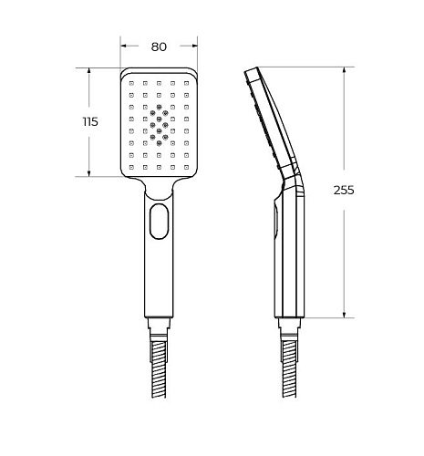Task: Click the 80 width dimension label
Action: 159,47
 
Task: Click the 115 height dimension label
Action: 90,122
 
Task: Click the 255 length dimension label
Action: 344,190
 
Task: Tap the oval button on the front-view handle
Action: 159,222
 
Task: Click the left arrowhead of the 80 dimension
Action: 124,46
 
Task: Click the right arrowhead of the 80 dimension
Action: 194,46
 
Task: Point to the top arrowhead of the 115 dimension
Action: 89,71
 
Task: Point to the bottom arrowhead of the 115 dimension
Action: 89,173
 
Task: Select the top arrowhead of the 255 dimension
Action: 344,70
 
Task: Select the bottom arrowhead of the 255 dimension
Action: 344,315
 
